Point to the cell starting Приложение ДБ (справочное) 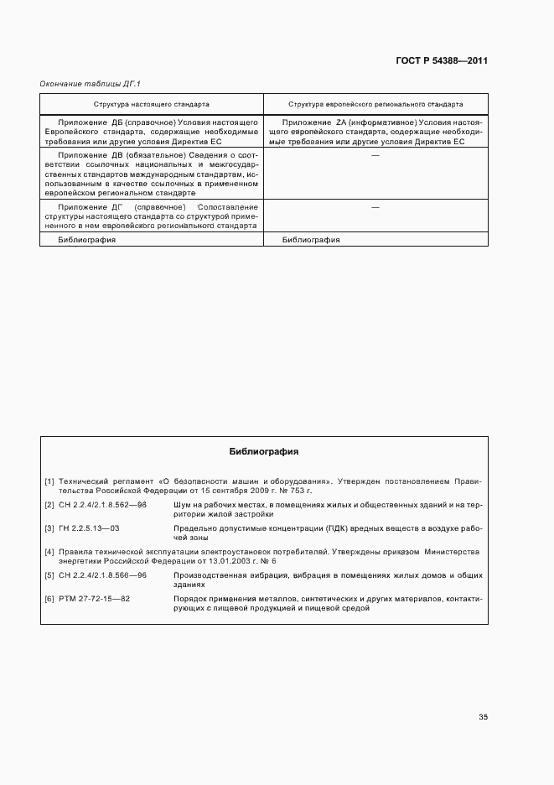click(152, 133)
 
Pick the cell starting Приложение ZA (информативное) click(375, 133)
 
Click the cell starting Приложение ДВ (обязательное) click(152, 174)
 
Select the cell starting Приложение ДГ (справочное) click(152, 216)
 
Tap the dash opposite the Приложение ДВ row click(375, 155)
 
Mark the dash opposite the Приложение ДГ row click(375, 207)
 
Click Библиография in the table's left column click(86, 240)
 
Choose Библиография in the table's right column click(311, 240)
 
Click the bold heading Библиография click(265, 451)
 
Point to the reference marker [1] click(49, 481)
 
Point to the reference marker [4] click(49, 552)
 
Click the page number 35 click(483, 716)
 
